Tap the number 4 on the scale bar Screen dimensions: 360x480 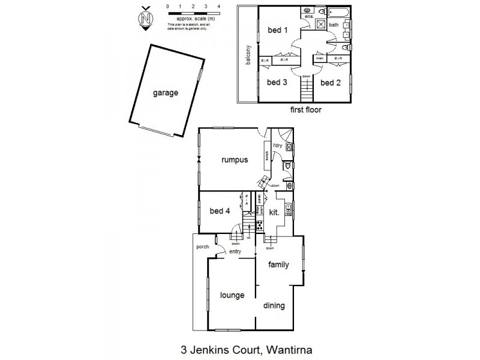(219, 5)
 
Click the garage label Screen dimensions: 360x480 (165, 93)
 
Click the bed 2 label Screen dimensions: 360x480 (331, 82)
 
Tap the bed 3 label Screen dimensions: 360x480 (277, 82)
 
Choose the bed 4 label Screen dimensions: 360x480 (220, 211)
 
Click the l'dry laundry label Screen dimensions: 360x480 (277, 146)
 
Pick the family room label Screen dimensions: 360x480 (279, 265)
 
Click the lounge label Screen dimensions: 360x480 (232, 295)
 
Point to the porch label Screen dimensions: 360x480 (202, 247)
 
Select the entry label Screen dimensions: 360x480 (235, 252)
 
